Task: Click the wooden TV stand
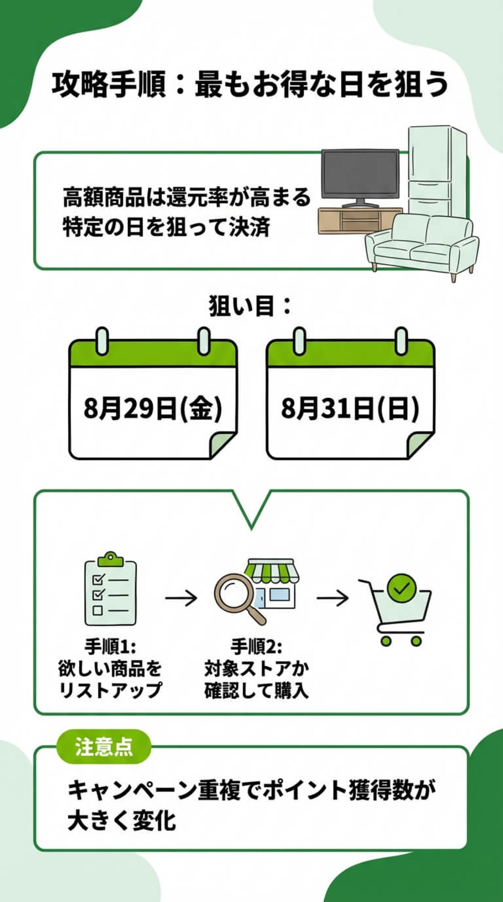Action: pyautogui.click(x=348, y=220)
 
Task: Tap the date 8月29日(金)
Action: pyautogui.click(x=153, y=408)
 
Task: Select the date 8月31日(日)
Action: pyautogui.click(x=350, y=408)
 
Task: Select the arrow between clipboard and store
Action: pyautogui.click(x=181, y=597)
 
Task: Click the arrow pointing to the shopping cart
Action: pyautogui.click(x=332, y=597)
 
